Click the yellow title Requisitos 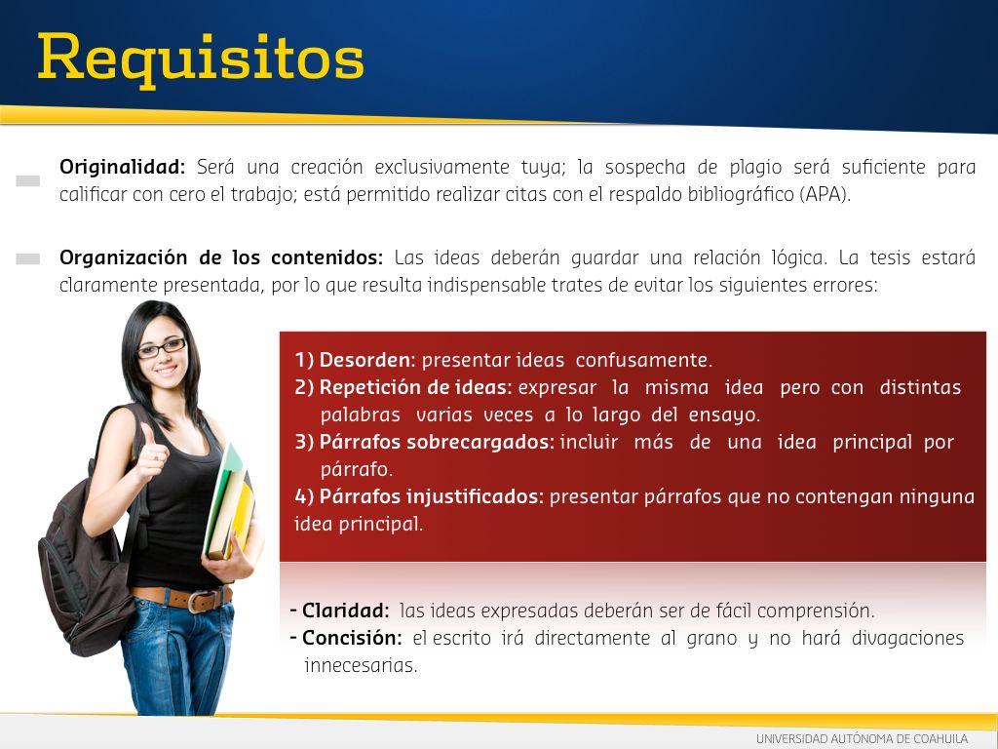point(201,59)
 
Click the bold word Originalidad point(122,167)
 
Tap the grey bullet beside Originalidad point(28,180)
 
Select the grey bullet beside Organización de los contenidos point(28,258)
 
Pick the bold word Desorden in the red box point(366,360)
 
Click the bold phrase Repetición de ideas point(415,387)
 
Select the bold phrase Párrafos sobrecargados point(437,442)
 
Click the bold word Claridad point(345,611)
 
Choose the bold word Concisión point(352,638)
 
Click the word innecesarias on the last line point(361,665)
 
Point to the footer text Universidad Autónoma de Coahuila point(862,739)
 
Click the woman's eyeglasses point(162,348)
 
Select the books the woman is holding point(230,503)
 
